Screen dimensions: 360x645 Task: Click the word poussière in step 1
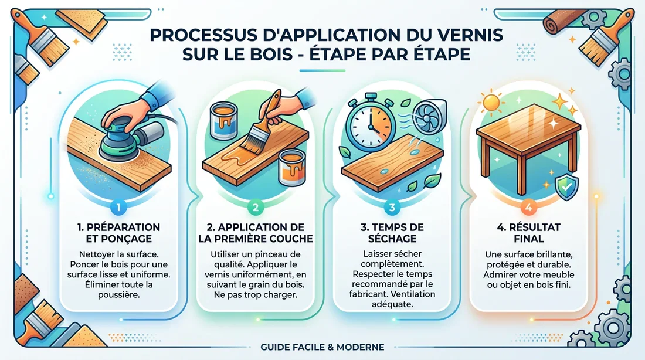[118, 294]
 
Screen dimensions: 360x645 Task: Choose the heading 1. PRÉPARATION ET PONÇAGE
[118, 233]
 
